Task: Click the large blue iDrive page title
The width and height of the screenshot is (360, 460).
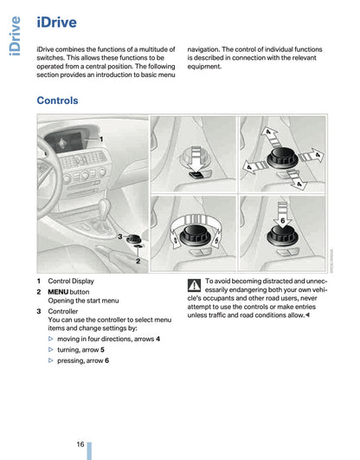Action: (x=56, y=23)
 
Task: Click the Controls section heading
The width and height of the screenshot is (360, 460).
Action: (x=57, y=100)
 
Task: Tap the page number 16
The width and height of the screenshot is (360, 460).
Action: (x=80, y=444)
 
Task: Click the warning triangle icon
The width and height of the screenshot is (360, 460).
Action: (x=194, y=286)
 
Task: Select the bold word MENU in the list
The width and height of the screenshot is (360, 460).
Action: (x=58, y=292)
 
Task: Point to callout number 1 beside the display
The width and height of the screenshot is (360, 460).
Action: (x=101, y=139)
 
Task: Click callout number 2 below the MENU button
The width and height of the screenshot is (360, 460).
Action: (x=138, y=261)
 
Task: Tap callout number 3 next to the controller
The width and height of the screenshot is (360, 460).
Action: (x=120, y=236)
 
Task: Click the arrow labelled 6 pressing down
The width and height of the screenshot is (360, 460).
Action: (x=282, y=216)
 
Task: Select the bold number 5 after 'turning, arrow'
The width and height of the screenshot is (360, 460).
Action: (x=102, y=350)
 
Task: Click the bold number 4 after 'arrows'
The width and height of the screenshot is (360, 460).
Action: (x=157, y=339)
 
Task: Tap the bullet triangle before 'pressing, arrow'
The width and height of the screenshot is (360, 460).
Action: (x=51, y=360)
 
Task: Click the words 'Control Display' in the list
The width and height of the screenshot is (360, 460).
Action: (x=71, y=281)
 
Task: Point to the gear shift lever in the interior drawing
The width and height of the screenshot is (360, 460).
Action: (x=103, y=215)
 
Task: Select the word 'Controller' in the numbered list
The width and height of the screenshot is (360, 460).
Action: (x=63, y=311)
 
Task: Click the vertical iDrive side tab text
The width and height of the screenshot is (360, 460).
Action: (x=15, y=36)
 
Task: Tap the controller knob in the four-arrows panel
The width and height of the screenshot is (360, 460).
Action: (x=282, y=159)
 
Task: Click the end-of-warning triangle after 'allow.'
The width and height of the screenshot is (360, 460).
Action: (x=307, y=315)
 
